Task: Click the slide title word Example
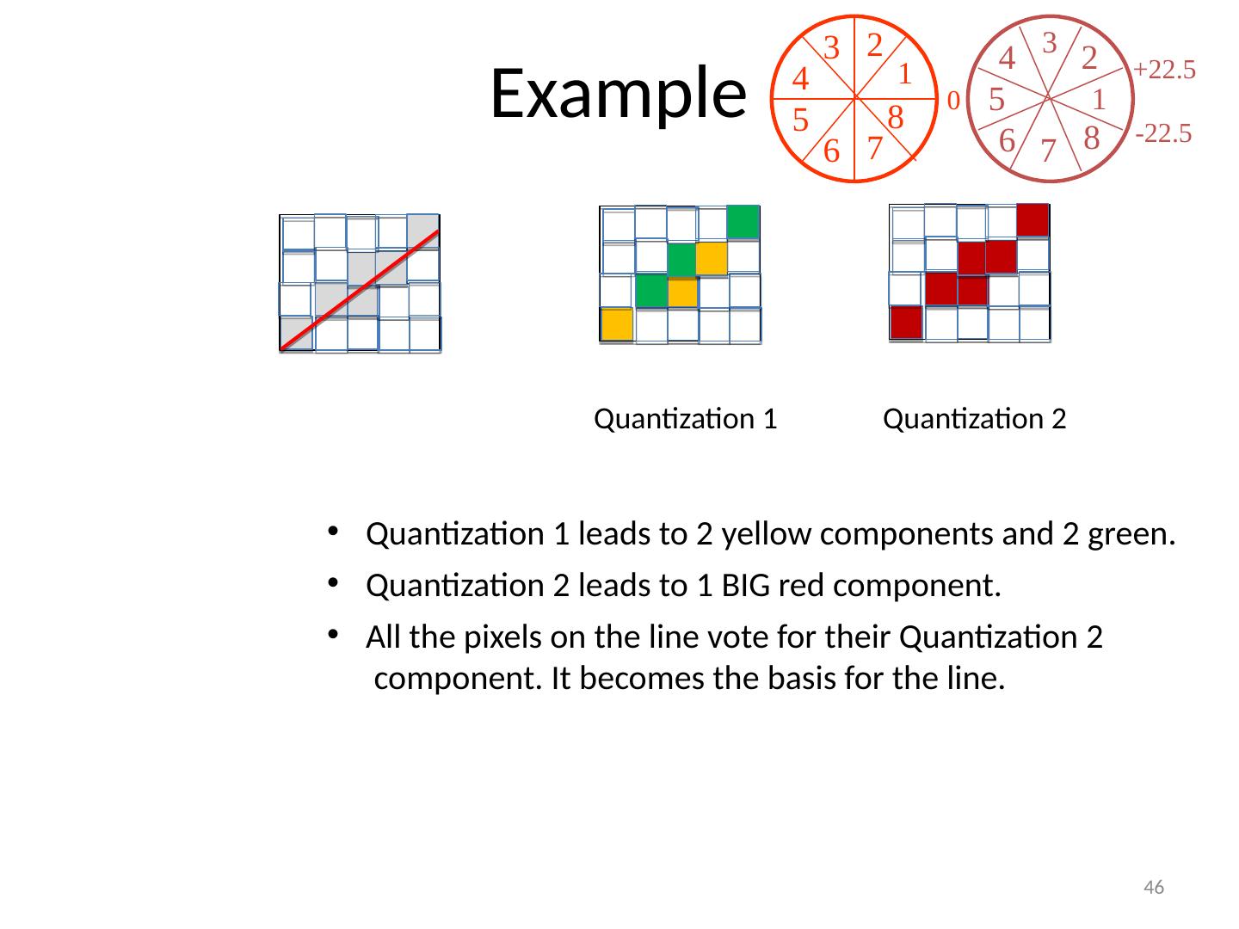pyautogui.click(x=616, y=92)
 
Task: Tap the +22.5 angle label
pyautogui.click(x=1165, y=70)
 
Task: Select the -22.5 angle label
pyautogui.click(x=1163, y=133)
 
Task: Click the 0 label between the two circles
pyautogui.click(x=952, y=102)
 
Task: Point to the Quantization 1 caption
pyautogui.click(x=686, y=419)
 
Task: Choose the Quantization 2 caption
pyautogui.click(x=975, y=419)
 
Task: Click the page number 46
pyautogui.click(x=1154, y=888)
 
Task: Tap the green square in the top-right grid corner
pyautogui.click(x=743, y=222)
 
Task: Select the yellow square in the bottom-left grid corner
pyautogui.click(x=617, y=324)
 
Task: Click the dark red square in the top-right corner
pyautogui.click(x=1032, y=220)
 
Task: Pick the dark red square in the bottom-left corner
pyautogui.click(x=906, y=323)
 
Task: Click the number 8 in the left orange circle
pyautogui.click(x=895, y=117)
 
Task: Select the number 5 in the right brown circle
pyautogui.click(x=997, y=100)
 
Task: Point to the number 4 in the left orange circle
pyautogui.click(x=800, y=79)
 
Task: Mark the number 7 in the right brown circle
pyautogui.click(x=1047, y=151)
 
